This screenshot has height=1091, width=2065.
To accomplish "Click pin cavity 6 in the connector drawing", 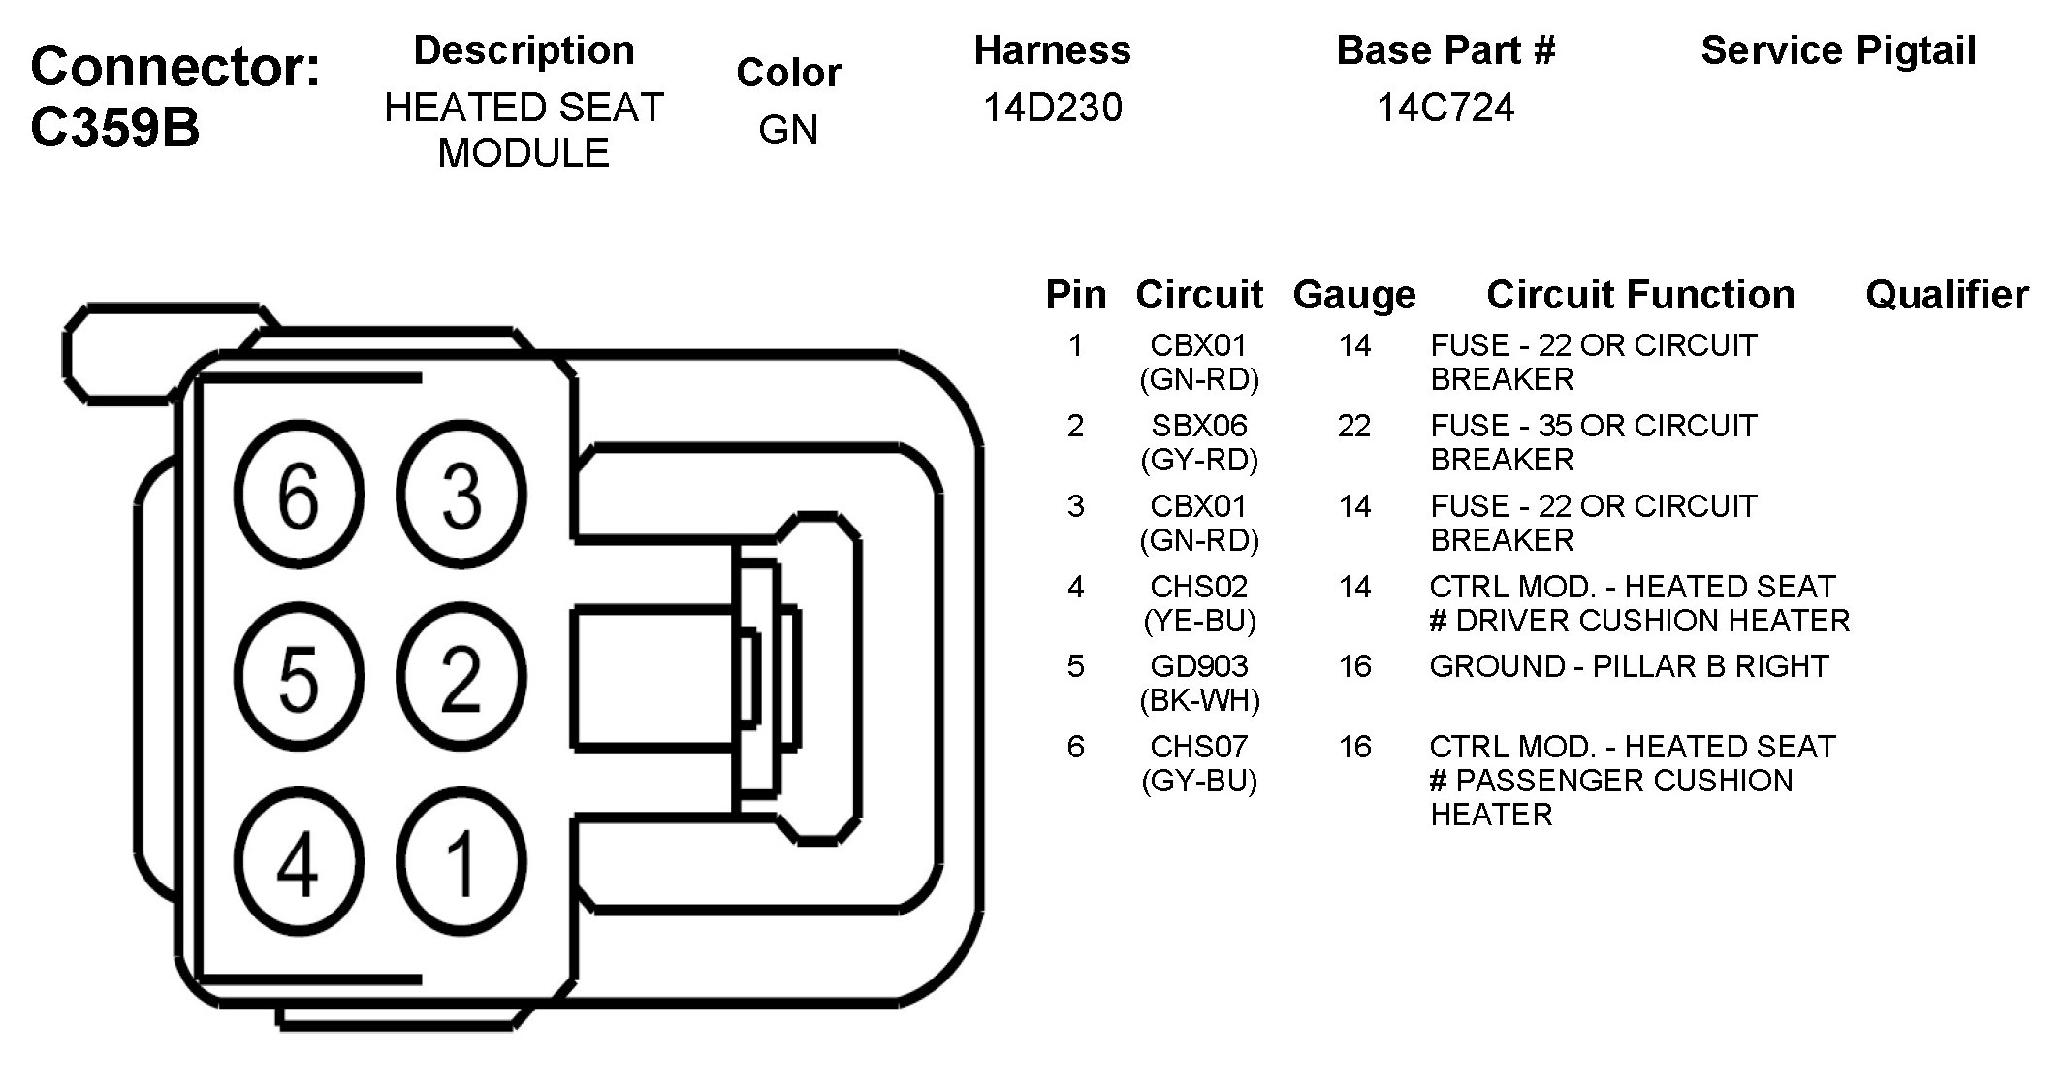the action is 299,495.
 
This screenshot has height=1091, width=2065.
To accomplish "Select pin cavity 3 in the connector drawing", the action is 461,495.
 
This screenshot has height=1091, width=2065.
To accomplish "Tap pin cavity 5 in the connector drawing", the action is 299,676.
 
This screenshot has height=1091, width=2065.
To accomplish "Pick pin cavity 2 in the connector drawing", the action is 461,676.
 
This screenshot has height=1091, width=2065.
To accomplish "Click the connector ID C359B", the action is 115,127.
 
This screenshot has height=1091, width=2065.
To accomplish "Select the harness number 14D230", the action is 1053,108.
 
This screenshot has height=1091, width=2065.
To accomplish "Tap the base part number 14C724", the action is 1445,108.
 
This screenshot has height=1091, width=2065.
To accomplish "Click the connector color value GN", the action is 788,130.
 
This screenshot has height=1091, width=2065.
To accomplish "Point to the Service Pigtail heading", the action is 1839,51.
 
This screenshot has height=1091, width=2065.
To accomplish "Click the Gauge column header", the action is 1354,295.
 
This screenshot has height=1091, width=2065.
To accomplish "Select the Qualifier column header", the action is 1947,295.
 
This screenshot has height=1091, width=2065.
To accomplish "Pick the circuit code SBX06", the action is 1199,426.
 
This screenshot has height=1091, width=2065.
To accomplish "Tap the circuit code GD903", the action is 1199,666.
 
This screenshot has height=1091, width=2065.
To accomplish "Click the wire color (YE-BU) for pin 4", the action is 1200,621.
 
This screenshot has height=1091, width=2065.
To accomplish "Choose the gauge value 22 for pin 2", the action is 1354,426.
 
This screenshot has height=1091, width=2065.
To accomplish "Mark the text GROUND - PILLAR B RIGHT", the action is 1629,666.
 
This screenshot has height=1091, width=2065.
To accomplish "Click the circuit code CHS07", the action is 1199,747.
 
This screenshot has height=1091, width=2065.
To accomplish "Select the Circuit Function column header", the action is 1640,295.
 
